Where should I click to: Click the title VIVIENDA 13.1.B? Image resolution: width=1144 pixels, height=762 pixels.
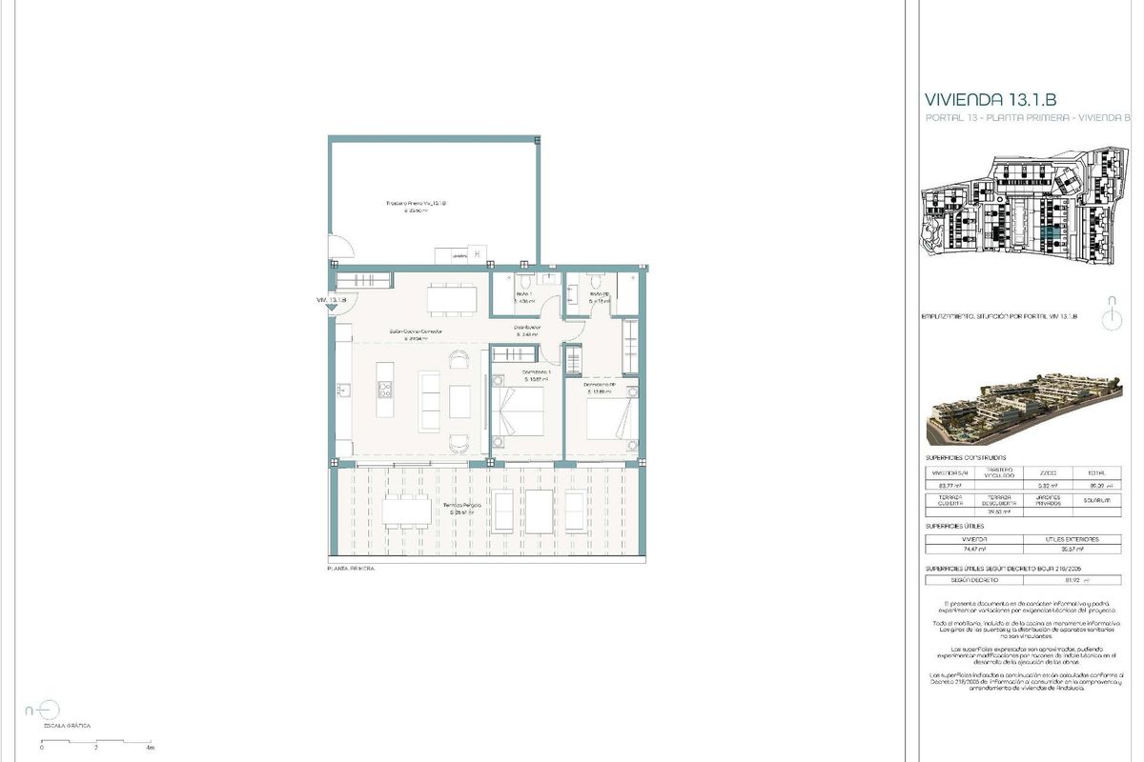point(991,99)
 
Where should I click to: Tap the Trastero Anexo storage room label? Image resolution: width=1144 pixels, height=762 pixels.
point(416,204)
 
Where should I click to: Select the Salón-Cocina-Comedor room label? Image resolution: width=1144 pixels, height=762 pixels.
point(416,332)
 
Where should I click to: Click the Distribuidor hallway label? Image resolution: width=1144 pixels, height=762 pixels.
point(528,328)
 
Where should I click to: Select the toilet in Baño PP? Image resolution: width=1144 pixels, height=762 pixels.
point(596,283)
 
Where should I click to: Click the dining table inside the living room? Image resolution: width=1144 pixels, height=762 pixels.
point(452,299)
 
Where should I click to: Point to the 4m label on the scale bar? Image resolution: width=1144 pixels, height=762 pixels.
point(150,749)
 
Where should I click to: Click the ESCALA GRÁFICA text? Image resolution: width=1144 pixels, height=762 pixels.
point(66,726)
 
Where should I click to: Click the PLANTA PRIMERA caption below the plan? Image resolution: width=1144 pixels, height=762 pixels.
point(351,568)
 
